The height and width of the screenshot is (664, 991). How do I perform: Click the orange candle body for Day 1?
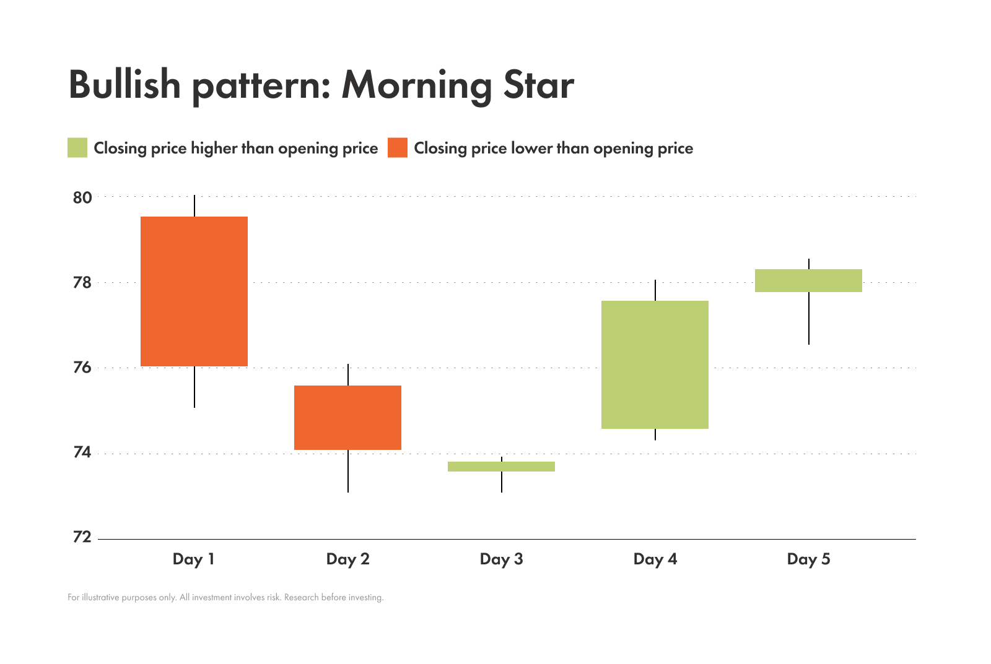pos(194,291)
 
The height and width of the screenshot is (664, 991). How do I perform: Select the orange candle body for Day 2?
pos(347,418)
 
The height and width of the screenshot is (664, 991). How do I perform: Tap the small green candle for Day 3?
pos(501,467)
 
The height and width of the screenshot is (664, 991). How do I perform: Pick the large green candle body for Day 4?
pos(655,364)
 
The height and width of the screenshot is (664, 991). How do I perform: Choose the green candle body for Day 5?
pos(808,280)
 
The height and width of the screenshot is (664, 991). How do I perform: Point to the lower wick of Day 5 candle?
pos(809,318)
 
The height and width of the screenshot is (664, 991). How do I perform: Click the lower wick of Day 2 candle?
pos(348,471)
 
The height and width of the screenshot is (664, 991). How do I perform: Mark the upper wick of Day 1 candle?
pos(194,205)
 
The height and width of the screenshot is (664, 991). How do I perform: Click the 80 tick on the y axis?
pos(82,198)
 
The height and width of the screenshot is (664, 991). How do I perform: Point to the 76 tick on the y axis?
pos(82,368)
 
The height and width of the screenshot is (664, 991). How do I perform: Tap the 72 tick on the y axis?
pos(82,537)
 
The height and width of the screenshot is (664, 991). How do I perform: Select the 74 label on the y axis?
pos(82,453)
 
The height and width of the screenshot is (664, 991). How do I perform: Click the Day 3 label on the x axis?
pos(501,559)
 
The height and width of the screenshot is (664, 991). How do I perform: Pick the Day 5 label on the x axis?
pos(808,559)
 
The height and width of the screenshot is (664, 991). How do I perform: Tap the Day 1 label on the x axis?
pos(193,559)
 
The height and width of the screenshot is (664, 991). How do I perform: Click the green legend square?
pos(77,148)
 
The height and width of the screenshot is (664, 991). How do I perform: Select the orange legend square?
pos(398,148)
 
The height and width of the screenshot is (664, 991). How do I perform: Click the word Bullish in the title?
pos(124,85)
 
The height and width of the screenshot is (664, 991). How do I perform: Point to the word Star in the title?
pos(538,85)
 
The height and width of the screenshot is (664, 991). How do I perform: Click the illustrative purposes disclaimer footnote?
pos(225,598)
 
